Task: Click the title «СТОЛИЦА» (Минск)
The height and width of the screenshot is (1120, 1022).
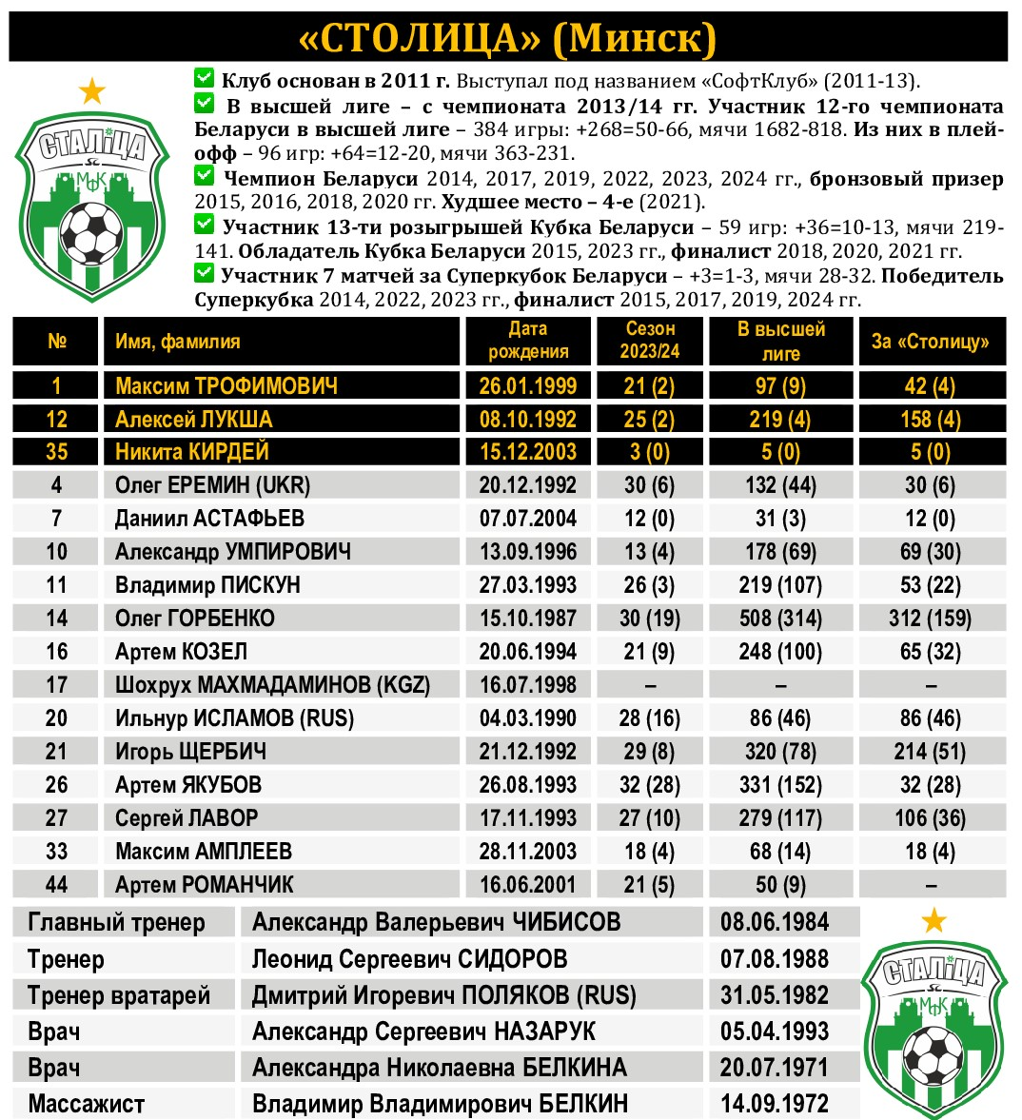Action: point(507,38)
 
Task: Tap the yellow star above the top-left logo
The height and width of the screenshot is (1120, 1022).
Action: point(92,91)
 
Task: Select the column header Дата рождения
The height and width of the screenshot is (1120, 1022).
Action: point(527,341)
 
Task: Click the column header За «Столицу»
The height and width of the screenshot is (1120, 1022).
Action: point(930,341)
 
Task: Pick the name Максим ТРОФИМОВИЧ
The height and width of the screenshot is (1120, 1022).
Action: point(226,385)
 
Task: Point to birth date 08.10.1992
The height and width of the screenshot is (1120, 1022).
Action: point(527,419)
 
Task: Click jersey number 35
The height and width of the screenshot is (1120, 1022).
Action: point(57,452)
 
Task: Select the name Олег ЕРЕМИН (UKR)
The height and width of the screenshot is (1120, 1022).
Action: point(213,485)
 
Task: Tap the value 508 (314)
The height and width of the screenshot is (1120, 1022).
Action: point(780,619)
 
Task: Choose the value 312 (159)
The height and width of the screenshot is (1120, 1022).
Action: point(930,619)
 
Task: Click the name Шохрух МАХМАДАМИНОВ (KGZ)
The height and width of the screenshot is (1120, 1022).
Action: point(272,685)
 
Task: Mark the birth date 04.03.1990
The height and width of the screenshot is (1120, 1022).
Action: point(527,718)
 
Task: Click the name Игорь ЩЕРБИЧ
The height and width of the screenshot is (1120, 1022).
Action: point(190,752)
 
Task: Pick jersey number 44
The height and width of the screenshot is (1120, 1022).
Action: point(57,885)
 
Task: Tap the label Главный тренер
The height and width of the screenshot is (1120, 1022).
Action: point(116,922)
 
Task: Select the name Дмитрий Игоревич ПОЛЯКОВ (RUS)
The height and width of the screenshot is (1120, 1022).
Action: point(443,995)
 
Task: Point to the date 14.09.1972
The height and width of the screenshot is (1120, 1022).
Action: point(774,1104)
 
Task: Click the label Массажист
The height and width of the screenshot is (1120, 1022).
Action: point(86,1104)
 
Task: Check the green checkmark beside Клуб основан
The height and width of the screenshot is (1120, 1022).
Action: point(204,78)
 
